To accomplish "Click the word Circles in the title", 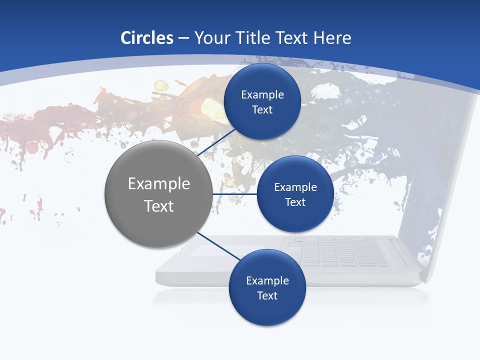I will click(x=147, y=38).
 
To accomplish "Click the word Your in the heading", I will click(x=212, y=38).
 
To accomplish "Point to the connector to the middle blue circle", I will click(x=235, y=194).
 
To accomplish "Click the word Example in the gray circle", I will click(x=159, y=184).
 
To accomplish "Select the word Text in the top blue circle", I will click(x=262, y=110).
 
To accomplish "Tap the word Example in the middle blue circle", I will click(x=295, y=187).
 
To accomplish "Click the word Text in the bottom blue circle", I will click(x=267, y=296).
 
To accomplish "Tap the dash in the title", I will click(x=183, y=38).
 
